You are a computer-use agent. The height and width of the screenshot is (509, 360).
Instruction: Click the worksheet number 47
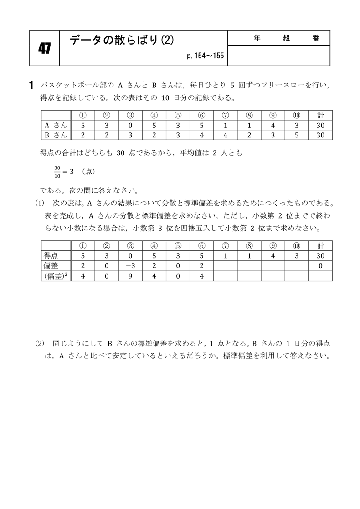[44, 48]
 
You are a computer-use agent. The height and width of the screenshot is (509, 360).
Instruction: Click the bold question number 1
[31, 85]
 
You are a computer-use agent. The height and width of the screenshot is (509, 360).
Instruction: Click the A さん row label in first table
[56, 125]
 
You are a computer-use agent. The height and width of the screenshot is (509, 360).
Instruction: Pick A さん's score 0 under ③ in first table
[130, 125]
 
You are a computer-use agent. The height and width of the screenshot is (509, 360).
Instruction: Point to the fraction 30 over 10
[56, 172]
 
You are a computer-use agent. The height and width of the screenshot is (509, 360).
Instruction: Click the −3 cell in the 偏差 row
[130, 266]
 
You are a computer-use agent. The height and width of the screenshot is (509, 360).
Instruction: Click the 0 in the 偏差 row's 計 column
[320, 266]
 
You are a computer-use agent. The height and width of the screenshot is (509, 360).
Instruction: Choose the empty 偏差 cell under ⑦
[225, 266]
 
